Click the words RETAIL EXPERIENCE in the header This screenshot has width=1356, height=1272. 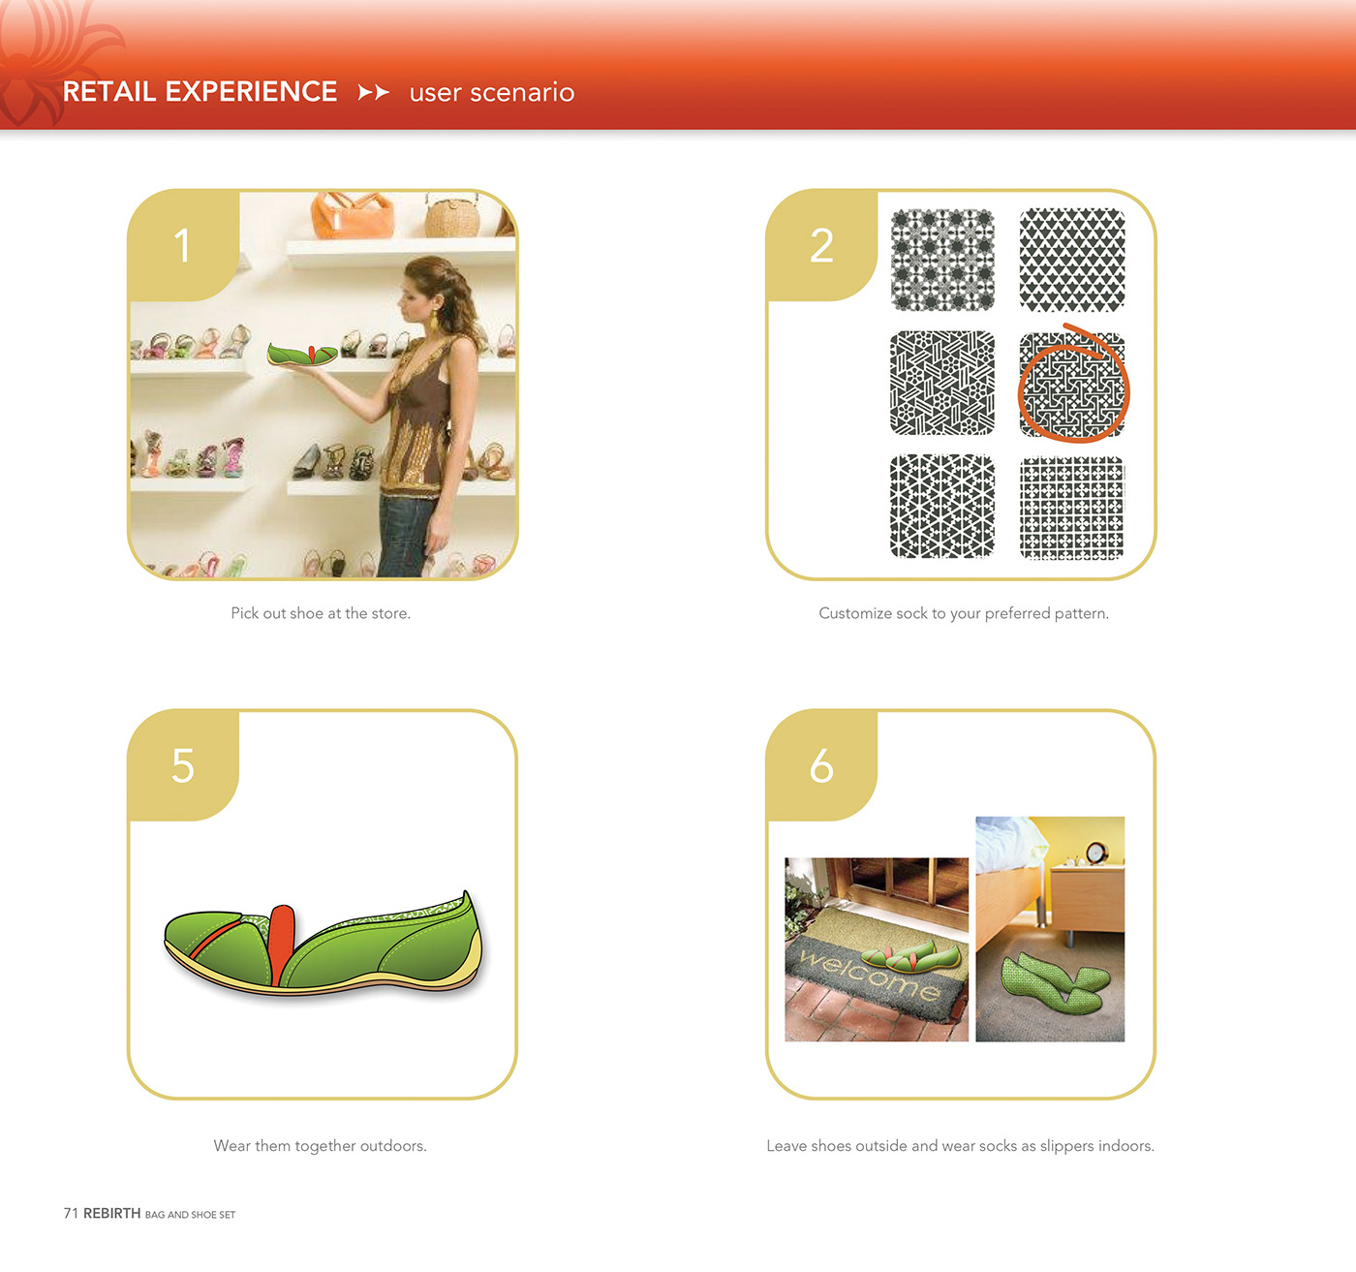tap(200, 91)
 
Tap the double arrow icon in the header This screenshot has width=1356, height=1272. tap(374, 92)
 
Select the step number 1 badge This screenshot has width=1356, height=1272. tap(183, 246)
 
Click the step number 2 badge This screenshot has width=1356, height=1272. tap(821, 246)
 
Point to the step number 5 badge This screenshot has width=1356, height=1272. tap(183, 765)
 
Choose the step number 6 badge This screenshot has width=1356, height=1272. tap(821, 765)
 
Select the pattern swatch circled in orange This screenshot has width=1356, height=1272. tap(1072, 385)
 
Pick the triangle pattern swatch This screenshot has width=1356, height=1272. tap(1072, 260)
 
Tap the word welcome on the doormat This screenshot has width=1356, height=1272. tap(870, 975)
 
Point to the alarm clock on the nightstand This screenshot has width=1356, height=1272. tap(1095, 853)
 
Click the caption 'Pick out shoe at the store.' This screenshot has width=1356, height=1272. tap(321, 613)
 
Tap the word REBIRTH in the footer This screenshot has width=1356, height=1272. tap(112, 1213)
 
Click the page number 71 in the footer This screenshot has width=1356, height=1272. tap(71, 1213)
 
